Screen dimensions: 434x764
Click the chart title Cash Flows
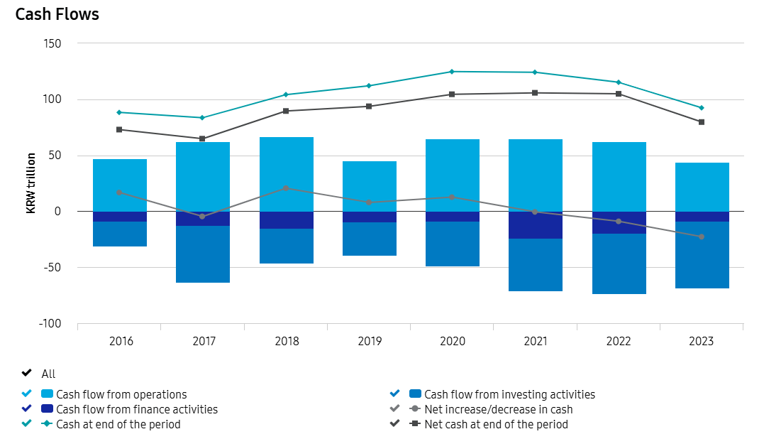[57, 14]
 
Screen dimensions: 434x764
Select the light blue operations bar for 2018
[286, 173]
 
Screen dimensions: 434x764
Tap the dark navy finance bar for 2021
[536, 225]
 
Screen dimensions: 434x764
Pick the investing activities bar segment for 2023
[702, 255]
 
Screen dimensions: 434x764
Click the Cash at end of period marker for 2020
[452, 72]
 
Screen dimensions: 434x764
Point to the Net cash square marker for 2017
[202, 139]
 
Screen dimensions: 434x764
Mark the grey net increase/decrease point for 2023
[702, 237]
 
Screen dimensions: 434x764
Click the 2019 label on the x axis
[369, 341]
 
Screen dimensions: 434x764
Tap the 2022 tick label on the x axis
[619, 341]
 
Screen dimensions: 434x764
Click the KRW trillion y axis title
[32, 183]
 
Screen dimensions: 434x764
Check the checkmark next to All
[27, 374]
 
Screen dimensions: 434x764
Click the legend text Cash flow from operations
[121, 394]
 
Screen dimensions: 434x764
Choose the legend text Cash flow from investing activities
[509, 394]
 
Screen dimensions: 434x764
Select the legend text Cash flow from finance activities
[137, 409]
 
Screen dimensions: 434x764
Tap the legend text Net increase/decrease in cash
[498, 409]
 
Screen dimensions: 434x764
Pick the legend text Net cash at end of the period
[496, 424]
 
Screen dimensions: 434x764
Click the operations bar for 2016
[119, 185]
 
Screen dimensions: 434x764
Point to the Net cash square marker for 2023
[702, 122]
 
